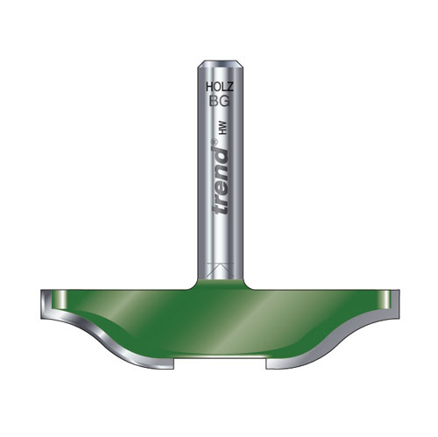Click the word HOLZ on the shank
click(x=220, y=87)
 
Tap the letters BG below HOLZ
click(x=220, y=102)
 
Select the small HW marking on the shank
click(x=223, y=129)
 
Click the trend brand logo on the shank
click(x=221, y=178)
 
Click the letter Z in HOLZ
click(x=230, y=87)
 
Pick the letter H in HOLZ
click(x=209, y=87)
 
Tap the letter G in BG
click(x=225, y=102)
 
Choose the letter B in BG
click(x=214, y=102)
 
